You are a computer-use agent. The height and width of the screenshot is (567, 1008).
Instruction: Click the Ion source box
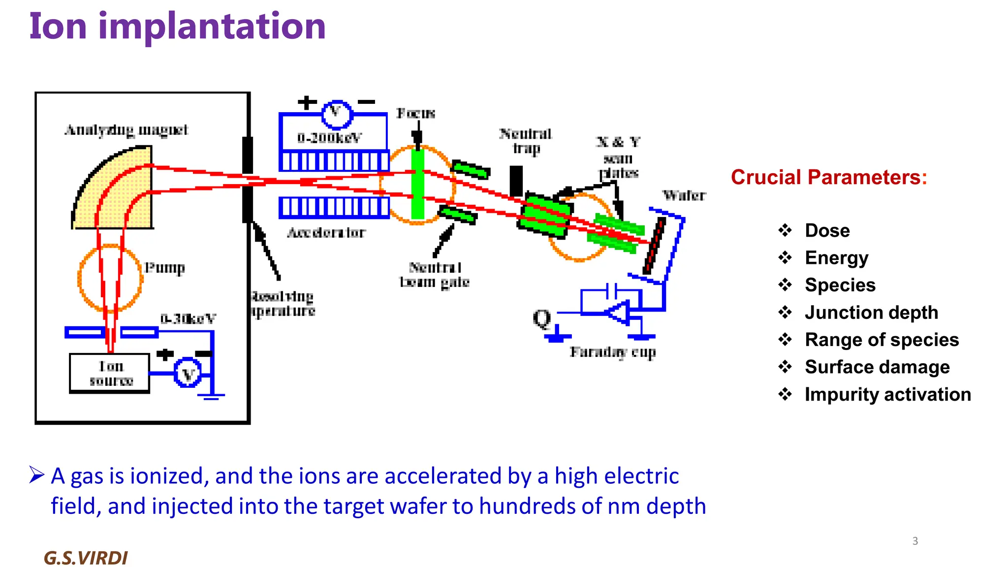tap(110, 373)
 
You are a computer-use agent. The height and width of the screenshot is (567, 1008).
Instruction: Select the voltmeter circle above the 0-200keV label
tap(337, 114)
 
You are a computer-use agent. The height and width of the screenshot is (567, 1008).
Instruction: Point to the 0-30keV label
tap(188, 319)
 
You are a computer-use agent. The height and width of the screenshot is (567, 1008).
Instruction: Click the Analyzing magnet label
tap(126, 130)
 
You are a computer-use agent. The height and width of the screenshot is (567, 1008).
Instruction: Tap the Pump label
tap(164, 268)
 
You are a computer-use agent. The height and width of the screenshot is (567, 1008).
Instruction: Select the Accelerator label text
tap(326, 232)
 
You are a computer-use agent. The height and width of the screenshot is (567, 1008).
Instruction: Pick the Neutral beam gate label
tap(434, 275)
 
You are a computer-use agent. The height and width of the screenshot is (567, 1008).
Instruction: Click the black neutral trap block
tap(516, 181)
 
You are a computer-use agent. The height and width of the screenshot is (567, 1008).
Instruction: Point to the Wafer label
tap(684, 195)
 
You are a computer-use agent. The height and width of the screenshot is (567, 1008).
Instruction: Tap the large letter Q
tap(542, 318)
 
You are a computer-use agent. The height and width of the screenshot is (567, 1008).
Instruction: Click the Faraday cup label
tap(613, 352)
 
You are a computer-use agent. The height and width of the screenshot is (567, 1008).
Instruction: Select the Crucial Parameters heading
tap(829, 177)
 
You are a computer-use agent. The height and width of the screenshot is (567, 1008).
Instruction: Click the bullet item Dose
tap(827, 230)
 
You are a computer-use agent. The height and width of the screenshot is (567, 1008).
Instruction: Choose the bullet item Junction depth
tap(871, 313)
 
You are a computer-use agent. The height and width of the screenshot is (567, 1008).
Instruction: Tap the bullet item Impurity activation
tap(887, 394)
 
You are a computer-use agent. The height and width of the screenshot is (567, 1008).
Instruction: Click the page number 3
tap(915, 541)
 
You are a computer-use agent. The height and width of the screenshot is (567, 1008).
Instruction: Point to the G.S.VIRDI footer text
tap(86, 558)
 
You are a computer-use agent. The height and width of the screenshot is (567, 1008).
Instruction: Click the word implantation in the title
tap(212, 27)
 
